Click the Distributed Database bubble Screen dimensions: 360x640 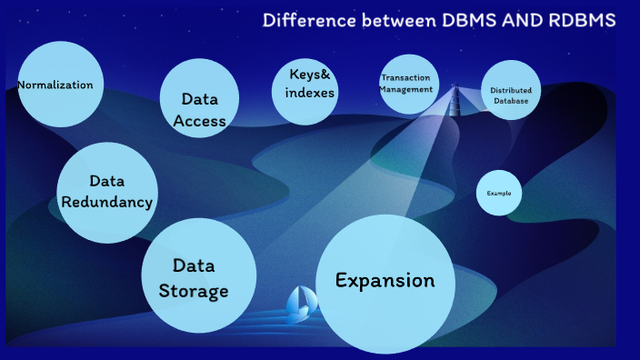(511, 91)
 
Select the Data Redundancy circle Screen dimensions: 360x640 (106, 192)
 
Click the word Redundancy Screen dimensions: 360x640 (106, 202)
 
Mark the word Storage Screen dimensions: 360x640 (194, 291)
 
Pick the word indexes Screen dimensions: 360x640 (309, 93)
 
